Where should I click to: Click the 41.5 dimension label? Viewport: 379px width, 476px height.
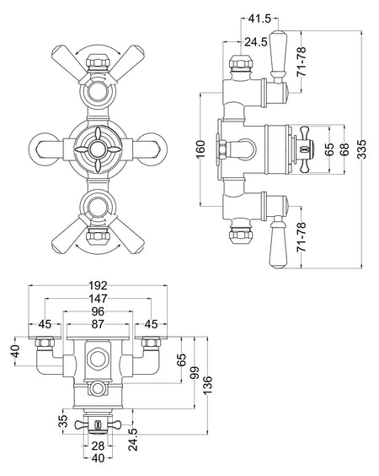click(x=259, y=19)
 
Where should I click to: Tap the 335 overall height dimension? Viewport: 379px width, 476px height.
click(x=361, y=149)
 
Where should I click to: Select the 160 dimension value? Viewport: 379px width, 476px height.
click(x=200, y=149)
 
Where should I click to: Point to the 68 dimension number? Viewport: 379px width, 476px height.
click(x=344, y=149)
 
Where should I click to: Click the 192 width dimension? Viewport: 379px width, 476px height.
click(x=98, y=285)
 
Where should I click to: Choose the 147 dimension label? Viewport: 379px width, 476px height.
click(x=98, y=299)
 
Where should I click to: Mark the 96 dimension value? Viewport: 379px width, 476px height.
click(x=98, y=311)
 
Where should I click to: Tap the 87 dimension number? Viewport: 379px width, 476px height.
click(x=98, y=324)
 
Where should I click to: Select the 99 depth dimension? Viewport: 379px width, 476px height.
click(x=195, y=373)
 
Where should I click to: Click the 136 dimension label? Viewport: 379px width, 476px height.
click(x=207, y=385)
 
